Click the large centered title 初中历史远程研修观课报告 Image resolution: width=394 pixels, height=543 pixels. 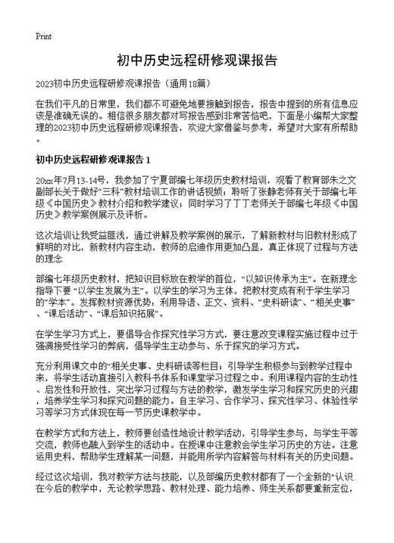pyautogui.click(x=196, y=60)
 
